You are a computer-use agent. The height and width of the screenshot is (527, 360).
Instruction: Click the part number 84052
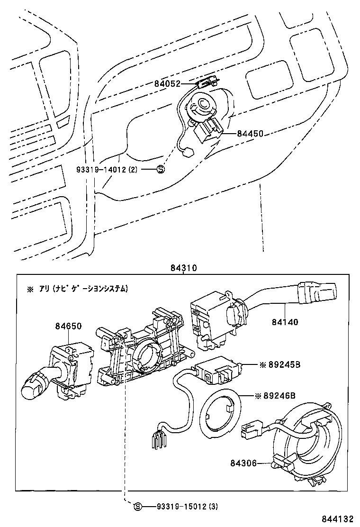(x=167, y=84)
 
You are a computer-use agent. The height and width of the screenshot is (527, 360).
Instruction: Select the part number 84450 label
(x=250, y=134)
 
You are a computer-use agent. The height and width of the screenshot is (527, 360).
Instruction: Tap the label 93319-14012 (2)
(x=107, y=169)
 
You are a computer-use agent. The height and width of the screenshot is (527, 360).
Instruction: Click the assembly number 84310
(x=183, y=268)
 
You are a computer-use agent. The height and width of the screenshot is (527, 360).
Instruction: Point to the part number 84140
(x=285, y=322)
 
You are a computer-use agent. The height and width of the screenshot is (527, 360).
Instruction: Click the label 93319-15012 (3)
(x=187, y=507)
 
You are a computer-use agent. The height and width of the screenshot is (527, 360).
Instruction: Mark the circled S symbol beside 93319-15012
(x=137, y=507)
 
